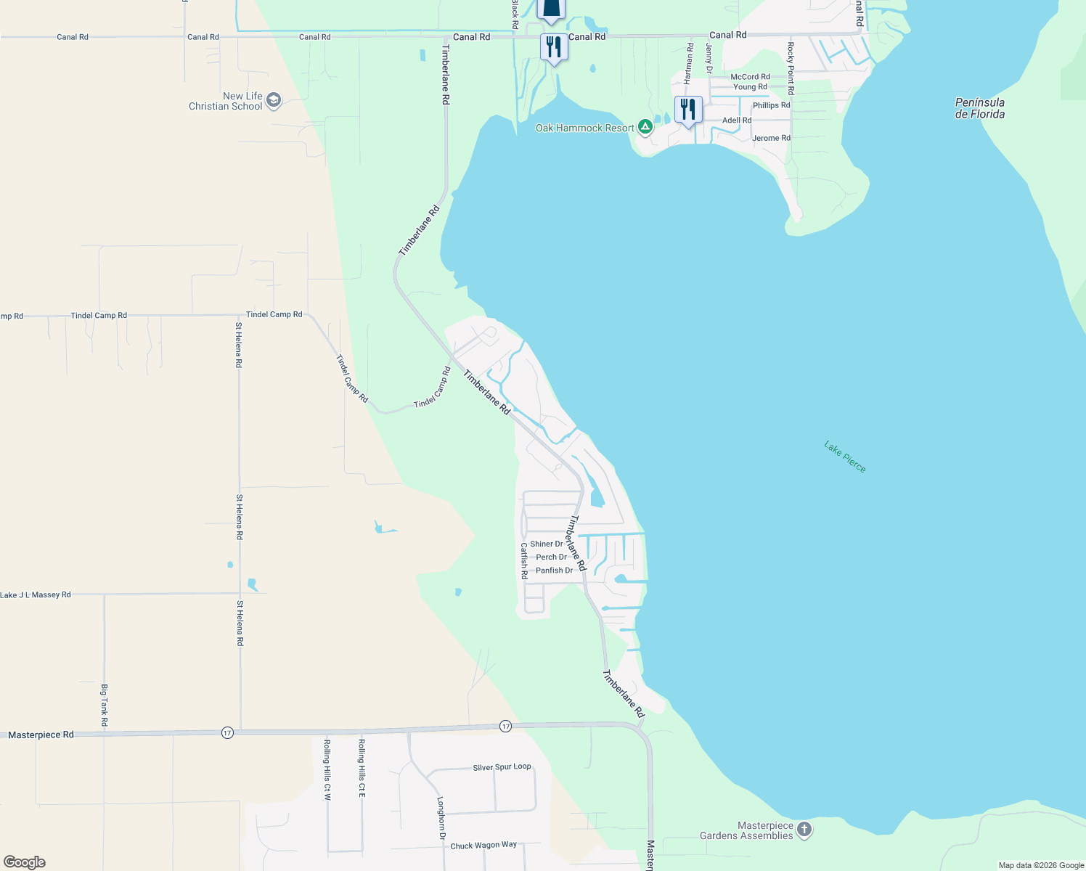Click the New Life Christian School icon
(x=274, y=100)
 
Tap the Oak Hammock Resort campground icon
(x=645, y=128)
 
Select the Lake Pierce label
(x=845, y=457)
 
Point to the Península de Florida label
(x=980, y=108)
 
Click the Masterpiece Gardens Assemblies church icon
(x=804, y=830)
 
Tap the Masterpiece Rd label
(x=41, y=735)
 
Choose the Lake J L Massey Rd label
(x=36, y=594)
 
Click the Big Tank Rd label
(x=105, y=705)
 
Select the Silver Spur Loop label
(x=502, y=767)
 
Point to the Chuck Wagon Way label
(x=483, y=846)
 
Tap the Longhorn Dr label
(x=441, y=819)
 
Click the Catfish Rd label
(x=524, y=560)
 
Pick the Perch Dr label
(x=551, y=557)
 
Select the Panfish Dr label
(x=554, y=571)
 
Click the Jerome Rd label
(x=771, y=138)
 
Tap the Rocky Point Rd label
(x=791, y=68)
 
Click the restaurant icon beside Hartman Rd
(x=688, y=110)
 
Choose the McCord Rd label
(x=750, y=77)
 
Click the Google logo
(x=25, y=862)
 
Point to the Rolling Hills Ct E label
(x=362, y=768)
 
